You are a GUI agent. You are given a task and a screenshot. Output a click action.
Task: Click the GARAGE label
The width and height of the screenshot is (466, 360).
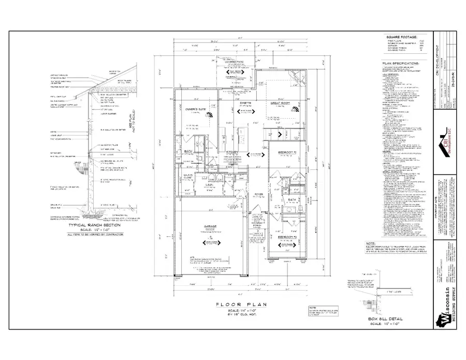pos(209,226)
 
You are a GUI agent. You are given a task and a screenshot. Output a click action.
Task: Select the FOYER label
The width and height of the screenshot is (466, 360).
pos(258,195)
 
